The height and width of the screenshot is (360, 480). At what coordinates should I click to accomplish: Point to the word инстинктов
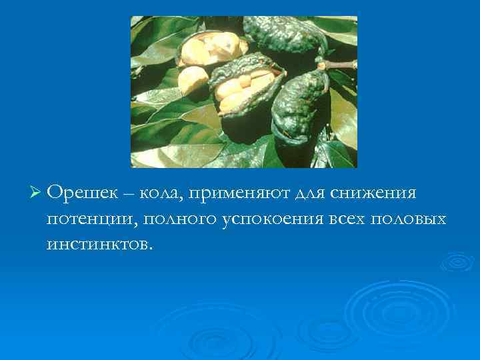point(99,244)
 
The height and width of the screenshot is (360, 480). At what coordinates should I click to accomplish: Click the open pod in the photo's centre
point(243,87)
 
